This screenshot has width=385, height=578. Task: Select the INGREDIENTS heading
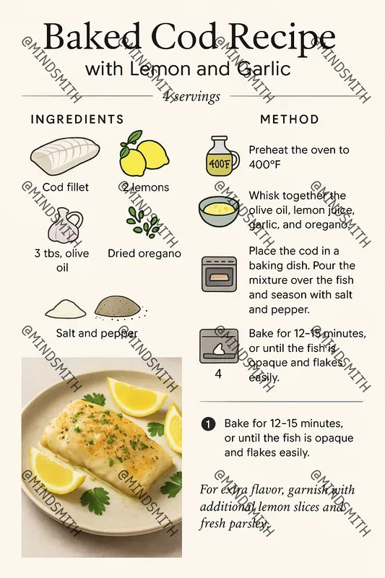tap(77, 119)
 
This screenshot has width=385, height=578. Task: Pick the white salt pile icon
tap(66, 309)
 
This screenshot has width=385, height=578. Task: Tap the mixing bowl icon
tap(218, 210)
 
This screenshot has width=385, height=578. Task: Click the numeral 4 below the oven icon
tap(218, 374)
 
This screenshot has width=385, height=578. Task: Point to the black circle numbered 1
tap(209, 423)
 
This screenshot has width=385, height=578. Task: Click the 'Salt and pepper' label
tap(97, 333)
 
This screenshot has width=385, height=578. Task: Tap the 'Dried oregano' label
tap(144, 254)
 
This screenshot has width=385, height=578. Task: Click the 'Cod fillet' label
tap(65, 187)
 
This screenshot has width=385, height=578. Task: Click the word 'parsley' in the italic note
tap(246, 523)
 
